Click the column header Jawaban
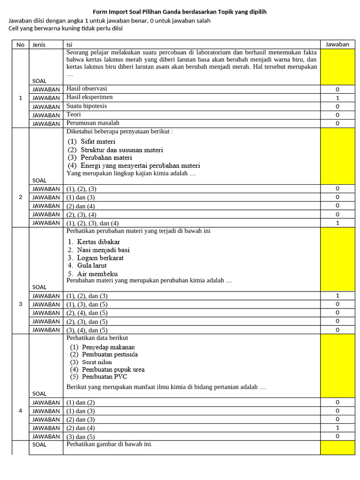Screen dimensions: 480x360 [337, 45]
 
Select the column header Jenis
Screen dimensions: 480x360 [39, 45]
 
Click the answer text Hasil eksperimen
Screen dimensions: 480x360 [90, 97]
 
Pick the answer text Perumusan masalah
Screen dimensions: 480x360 [93, 123]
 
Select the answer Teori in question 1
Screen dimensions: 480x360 [74, 114]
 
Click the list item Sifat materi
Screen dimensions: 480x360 [97, 141]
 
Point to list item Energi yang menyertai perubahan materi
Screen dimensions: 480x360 [140, 165]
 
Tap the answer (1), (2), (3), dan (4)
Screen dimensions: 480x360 [92, 223]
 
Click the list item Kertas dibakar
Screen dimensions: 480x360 [98, 242]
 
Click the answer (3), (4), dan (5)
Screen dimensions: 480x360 [87, 330]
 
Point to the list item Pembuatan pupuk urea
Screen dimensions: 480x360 [113, 369]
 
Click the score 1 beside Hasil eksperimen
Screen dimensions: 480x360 [337, 98]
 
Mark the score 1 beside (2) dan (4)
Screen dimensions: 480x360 [337, 428]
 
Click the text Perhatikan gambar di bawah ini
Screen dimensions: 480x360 [109, 444]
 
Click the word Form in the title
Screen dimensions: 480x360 [101, 12]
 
